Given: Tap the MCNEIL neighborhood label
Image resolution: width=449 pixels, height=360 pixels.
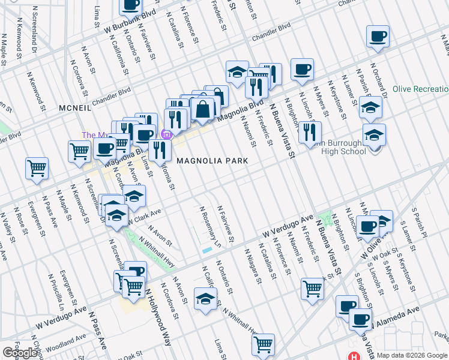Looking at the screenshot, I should click(74, 108).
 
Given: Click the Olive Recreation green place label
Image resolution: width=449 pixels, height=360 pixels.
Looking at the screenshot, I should click(420, 89).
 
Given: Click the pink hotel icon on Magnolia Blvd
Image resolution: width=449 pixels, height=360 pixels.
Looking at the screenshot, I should click(167, 134).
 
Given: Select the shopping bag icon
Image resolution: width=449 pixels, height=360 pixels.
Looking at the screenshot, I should click(203, 109).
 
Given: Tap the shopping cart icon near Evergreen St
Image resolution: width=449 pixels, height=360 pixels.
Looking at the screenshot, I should click(37, 170).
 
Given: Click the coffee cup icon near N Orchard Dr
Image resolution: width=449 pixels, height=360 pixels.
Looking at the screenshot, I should click(378, 37).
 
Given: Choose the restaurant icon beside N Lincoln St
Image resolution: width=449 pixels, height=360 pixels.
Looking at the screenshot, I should click(310, 133).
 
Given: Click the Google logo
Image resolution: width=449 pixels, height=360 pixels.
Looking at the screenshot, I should click(20, 353).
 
